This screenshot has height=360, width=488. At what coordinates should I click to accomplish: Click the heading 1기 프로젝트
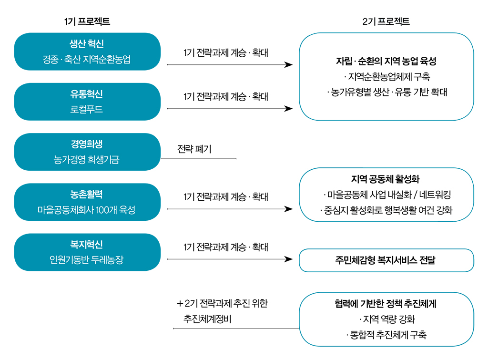[87, 21]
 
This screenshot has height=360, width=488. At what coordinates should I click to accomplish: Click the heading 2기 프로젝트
[386, 21]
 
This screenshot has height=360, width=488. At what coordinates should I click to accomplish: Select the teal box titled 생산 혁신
[87, 51]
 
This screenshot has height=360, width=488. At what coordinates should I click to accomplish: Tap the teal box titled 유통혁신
[87, 102]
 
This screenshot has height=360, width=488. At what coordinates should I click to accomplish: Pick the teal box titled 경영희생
[87, 152]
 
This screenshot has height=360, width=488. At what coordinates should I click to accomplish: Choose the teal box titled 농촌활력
[87, 202]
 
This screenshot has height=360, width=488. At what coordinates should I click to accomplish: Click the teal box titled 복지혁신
[87, 252]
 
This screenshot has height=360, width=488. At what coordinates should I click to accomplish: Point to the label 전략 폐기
[194, 149]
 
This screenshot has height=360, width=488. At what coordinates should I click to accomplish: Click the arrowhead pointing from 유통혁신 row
[288, 109]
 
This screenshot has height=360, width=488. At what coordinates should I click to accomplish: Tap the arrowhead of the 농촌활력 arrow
[288, 209]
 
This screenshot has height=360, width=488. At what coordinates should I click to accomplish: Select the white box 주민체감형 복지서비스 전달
[386, 260]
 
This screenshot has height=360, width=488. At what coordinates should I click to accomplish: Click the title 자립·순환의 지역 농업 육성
[386, 62]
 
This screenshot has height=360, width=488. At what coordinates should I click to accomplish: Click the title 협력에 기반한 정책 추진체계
[386, 304]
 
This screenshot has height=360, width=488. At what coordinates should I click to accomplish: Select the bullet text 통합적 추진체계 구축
[386, 335]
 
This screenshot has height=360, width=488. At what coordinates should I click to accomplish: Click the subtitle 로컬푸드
[87, 109]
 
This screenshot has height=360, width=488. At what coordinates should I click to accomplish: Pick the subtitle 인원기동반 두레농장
[87, 259]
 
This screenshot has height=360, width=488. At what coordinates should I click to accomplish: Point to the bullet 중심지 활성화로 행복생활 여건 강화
[386, 210]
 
